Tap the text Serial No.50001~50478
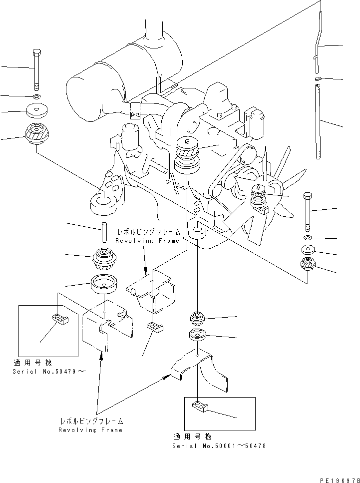coord(219,445)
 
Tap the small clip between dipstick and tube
coord(318,78)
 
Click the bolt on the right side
coord(308,210)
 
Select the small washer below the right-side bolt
coord(308,237)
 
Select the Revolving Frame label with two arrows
coord(90,430)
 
